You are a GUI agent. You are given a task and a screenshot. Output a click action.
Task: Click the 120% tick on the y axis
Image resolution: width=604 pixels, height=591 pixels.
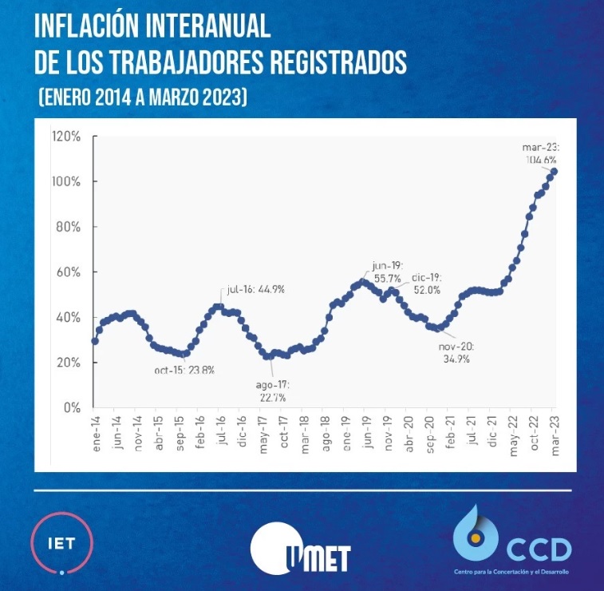pyautogui.click(x=66, y=137)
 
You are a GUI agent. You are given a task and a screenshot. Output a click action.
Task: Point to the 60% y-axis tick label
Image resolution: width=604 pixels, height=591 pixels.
pyautogui.click(x=69, y=272)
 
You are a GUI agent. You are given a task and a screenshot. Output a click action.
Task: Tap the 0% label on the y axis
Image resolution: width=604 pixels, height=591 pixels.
pyautogui.click(x=73, y=407)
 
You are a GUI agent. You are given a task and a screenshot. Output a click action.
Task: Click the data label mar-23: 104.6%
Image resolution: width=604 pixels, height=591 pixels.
pyautogui.click(x=542, y=153)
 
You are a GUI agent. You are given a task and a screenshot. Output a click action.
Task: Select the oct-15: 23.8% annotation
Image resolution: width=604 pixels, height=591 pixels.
pyautogui.click(x=184, y=370)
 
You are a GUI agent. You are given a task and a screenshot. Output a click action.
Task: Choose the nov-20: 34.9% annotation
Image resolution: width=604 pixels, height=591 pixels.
pyautogui.click(x=456, y=353)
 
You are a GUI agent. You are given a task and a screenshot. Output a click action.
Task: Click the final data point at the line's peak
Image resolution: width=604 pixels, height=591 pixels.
pyautogui.click(x=555, y=171)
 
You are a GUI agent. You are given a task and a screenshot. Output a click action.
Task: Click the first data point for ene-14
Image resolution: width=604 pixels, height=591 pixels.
pyautogui.click(x=95, y=341)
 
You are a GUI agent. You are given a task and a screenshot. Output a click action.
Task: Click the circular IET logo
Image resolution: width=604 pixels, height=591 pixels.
pyautogui.click(x=61, y=544)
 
